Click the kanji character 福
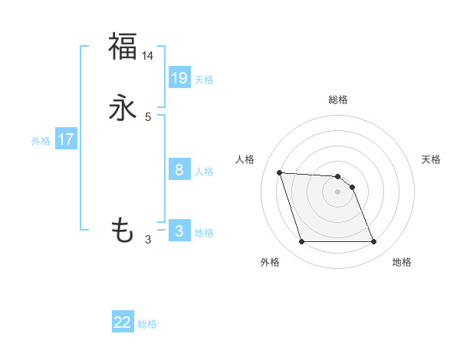pyautogui.click(x=123, y=46)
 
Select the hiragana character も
pyautogui.click(x=123, y=230)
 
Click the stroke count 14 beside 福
pyautogui.click(x=148, y=56)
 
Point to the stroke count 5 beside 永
pyautogui.click(x=148, y=117)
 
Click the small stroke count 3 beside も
pyautogui.click(x=148, y=240)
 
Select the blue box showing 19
pyautogui.click(x=179, y=77)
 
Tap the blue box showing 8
pyautogui.click(x=179, y=169)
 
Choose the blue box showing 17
pyautogui.click(x=66, y=139)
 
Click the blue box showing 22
pyautogui.click(x=123, y=322)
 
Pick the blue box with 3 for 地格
pyautogui.click(x=179, y=231)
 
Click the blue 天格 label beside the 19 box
pyautogui.click(x=204, y=80)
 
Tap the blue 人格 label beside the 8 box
pyautogui.click(x=204, y=172)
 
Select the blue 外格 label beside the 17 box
pyautogui.click(x=41, y=141)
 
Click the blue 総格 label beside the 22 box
pyautogui.click(x=147, y=324)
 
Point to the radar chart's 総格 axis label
pyautogui.click(x=338, y=100)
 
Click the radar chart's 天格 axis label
pyautogui.click(x=431, y=159)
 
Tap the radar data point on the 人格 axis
pyautogui.click(x=280, y=172)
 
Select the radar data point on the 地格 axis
pyautogui.click(x=373, y=242)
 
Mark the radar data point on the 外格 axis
pyautogui.click(x=301, y=242)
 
